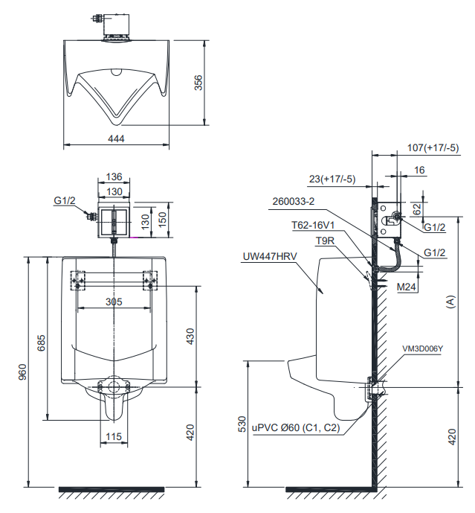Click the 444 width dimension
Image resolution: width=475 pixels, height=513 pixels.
coord(116,138)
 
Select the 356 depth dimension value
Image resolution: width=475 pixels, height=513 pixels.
coord(198,83)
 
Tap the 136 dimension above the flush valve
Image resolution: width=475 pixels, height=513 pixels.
coord(114,177)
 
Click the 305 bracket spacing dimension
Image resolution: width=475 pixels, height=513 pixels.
coord(114,302)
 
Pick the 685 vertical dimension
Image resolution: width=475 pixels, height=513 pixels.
coord(42,342)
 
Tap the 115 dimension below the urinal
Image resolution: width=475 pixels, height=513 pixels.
coord(114,436)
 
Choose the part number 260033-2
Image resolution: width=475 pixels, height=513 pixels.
coord(294,201)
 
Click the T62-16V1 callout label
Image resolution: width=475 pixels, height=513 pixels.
coord(313,223)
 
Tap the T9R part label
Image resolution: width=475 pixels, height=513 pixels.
coord(325,241)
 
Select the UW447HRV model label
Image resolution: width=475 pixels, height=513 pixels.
coord(269,256)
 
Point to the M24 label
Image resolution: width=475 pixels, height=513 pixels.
coord(406,287)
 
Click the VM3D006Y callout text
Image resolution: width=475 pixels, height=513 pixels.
coord(422,348)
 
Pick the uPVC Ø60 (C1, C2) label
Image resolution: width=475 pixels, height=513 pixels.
coord(295,428)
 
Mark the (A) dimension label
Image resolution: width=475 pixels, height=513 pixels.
coord(450,302)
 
